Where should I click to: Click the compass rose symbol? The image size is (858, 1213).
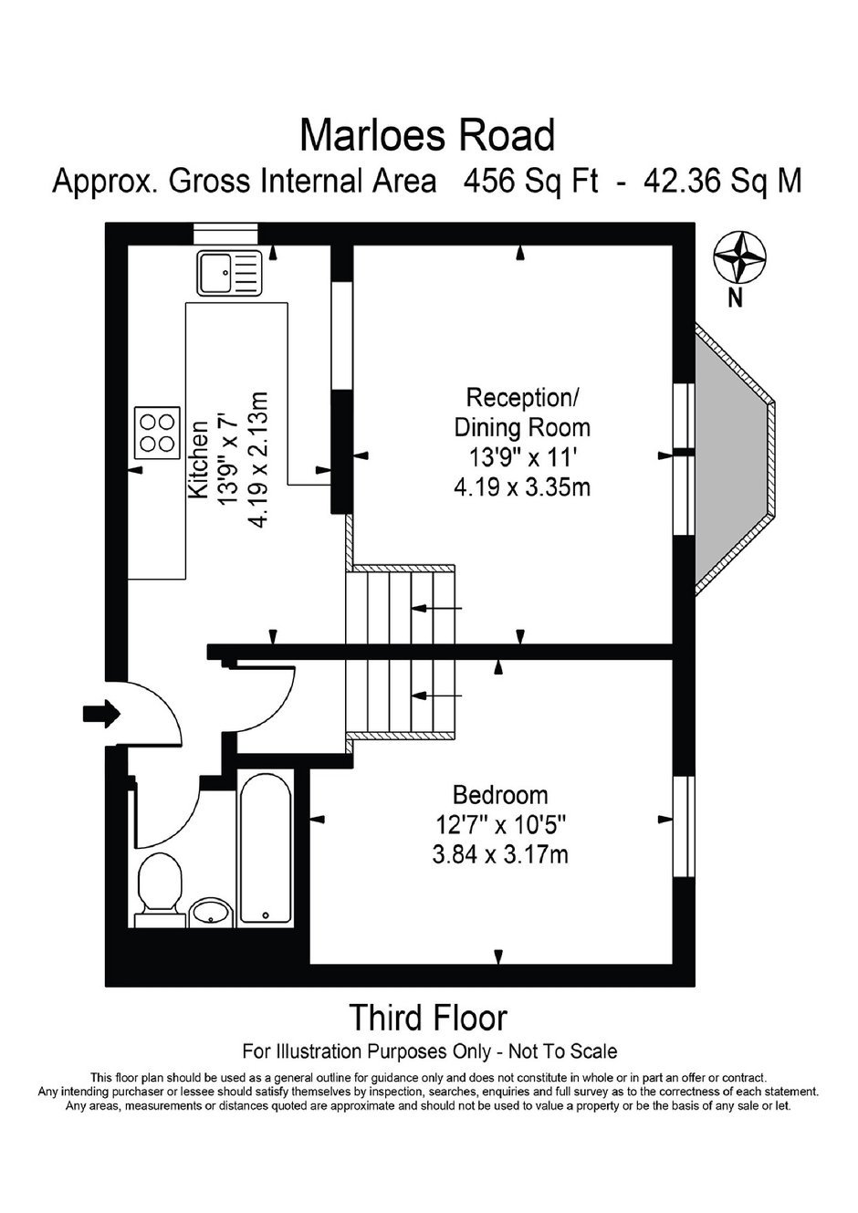click(739, 257)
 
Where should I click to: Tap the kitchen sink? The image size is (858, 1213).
click(229, 273)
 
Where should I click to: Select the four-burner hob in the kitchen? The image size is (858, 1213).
click(158, 433)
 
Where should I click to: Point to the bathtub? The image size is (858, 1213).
click(266, 849)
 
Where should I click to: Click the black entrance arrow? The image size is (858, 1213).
click(101, 713)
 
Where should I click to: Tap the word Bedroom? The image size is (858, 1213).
click(500, 795)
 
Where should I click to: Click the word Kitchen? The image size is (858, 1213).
click(198, 459)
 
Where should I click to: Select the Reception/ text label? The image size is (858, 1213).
click(522, 398)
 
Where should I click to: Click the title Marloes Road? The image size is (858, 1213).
click(427, 135)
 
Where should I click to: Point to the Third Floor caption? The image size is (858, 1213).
click(428, 1018)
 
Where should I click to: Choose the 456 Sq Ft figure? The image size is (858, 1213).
click(531, 182)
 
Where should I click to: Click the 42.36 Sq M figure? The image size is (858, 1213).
click(722, 182)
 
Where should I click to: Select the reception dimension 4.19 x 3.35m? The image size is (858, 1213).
click(522, 487)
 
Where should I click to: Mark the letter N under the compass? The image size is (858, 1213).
click(735, 298)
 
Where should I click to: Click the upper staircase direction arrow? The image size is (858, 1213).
click(436, 609)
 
